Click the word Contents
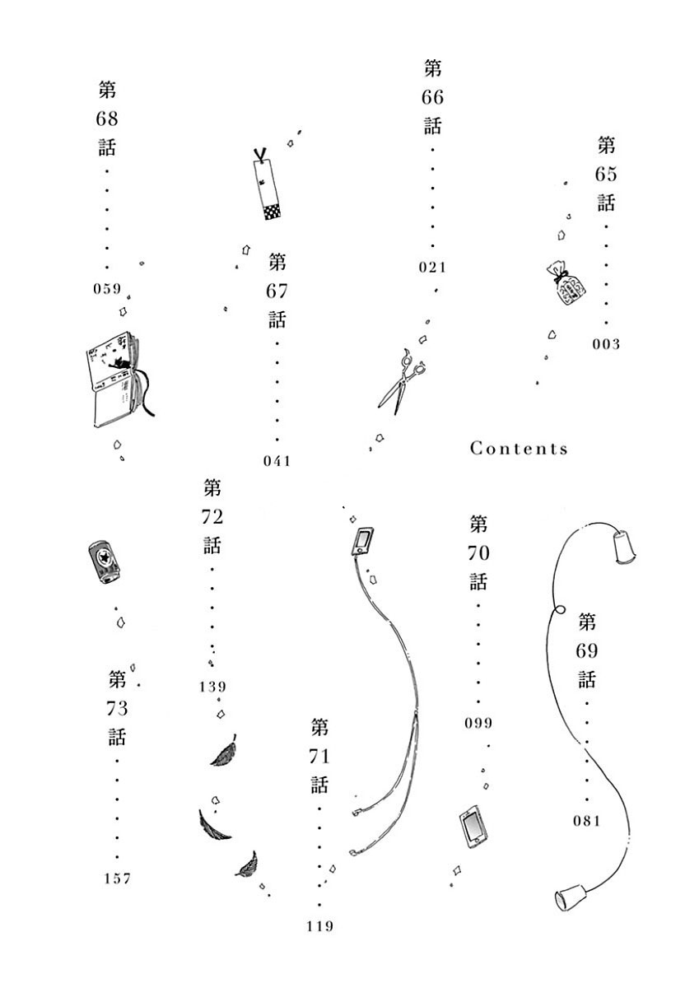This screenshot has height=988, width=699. (519, 449)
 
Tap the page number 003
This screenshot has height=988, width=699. (605, 344)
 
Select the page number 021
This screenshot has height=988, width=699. (431, 267)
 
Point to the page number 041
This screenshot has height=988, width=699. (277, 461)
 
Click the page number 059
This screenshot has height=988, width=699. (107, 289)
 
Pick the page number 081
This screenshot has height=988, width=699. (587, 821)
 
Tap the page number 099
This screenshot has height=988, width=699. (478, 724)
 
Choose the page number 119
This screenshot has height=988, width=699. (319, 927)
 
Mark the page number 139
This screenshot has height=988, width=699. (212, 687)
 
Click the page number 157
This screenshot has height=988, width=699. (118, 879)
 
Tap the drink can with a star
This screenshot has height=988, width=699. (105, 562)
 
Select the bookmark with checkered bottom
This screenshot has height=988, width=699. (268, 188)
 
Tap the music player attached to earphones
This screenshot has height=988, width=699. (362, 540)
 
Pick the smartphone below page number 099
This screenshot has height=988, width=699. (473, 828)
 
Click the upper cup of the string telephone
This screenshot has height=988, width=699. (623, 546)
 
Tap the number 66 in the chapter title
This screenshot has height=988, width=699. (432, 97)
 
